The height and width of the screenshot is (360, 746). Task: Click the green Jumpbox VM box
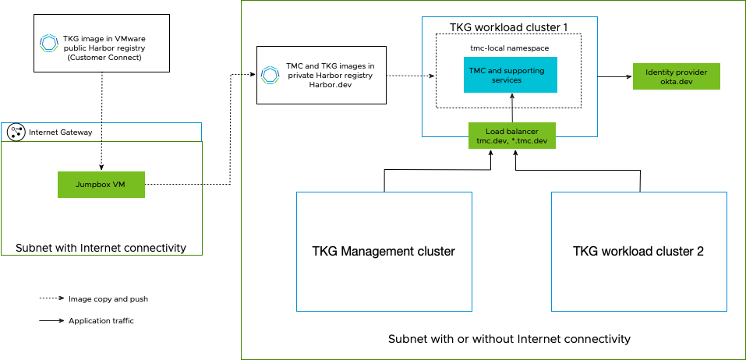coord(101,184)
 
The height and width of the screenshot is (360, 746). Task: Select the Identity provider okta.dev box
coord(676,76)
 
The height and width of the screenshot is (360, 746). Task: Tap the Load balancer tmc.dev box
coord(512,136)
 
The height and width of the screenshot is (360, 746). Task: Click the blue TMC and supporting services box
coord(511,75)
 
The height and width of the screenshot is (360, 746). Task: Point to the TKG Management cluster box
coord(384,251)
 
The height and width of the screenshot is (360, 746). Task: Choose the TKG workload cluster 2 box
coord(638,251)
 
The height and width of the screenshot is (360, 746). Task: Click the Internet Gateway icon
coord(16,132)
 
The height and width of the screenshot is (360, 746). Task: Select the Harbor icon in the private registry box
coord(270,75)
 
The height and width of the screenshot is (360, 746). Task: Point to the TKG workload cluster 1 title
coord(508,27)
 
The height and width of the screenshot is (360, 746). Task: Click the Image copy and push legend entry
coord(108,298)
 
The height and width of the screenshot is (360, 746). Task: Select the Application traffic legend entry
coord(101,320)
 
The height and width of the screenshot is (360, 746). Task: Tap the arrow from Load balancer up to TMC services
coord(512,108)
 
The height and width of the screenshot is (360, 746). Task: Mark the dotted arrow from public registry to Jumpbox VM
coord(101,125)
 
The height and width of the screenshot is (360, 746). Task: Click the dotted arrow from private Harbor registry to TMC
coord(411,76)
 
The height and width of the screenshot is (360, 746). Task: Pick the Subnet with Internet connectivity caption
coord(101,248)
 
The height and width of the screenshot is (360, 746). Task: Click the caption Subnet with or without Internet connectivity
coord(509,339)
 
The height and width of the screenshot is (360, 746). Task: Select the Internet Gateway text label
coord(60,132)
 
